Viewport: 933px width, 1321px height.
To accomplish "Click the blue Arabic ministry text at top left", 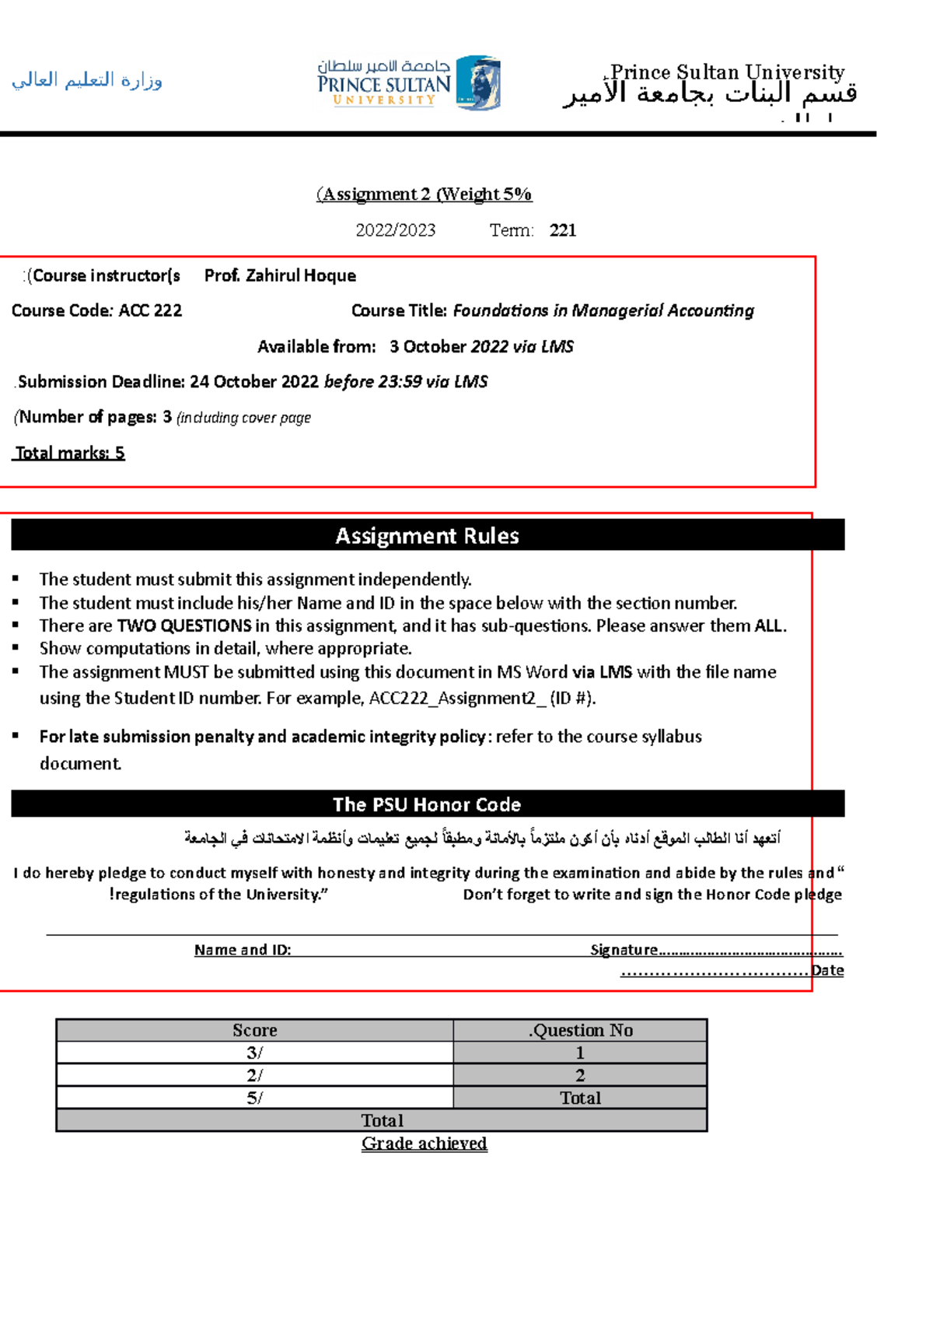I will pos(86,80).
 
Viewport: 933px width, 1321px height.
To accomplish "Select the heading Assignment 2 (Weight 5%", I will pos(424,194).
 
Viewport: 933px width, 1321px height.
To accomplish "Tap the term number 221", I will pos(563,230).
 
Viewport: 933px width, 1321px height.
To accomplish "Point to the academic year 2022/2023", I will pos(395,230).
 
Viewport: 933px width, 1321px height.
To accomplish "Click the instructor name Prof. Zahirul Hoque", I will pos(280,275).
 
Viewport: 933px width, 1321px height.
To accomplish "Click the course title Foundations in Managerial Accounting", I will pos(603,310).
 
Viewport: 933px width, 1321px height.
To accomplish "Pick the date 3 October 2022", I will pos(438,347).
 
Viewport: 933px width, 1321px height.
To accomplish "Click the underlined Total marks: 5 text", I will pos(69,453).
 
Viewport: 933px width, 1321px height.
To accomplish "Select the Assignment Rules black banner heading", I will pos(427,535).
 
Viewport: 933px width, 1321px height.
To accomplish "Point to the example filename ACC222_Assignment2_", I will pos(457,698).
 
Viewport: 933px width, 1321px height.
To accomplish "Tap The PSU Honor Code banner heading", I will pos(427,804).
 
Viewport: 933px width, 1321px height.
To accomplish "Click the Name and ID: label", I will pos(243,950).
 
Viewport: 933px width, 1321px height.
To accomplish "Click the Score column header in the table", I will pos(254,1030).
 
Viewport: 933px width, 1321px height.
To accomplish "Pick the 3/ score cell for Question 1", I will pos(254,1053).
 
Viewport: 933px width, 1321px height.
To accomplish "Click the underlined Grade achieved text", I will pos(424,1144).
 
